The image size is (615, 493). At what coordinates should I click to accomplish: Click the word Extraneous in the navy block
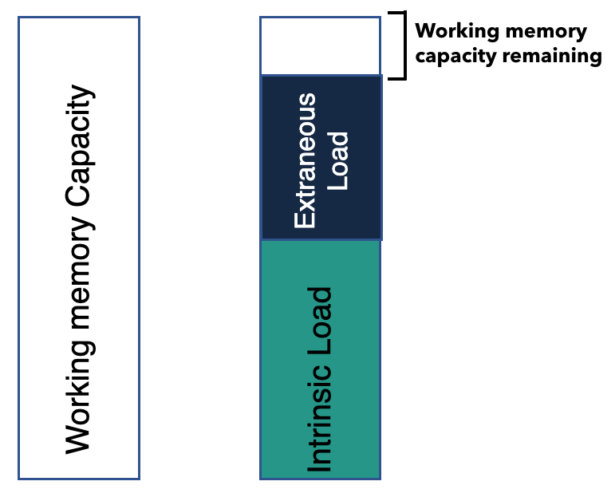point(306,160)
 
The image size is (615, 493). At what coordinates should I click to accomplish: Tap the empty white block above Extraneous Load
point(320,46)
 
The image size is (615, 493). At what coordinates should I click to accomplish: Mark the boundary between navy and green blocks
point(321,240)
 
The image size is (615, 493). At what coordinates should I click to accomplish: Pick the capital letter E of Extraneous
point(306,221)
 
